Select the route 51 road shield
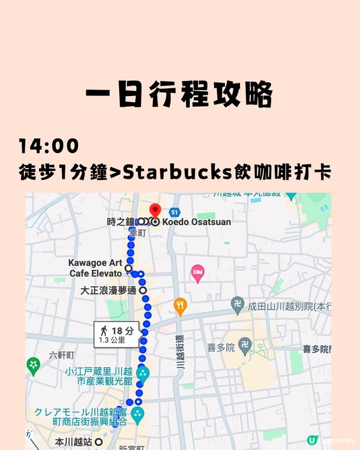click(x=174, y=212)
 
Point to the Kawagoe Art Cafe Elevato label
click(x=95, y=268)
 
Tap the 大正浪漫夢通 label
click(x=109, y=290)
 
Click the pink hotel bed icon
click(x=197, y=274)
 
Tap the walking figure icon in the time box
click(x=104, y=331)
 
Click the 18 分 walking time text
click(x=122, y=331)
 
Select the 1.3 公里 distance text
click(x=113, y=340)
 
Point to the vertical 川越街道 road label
click(x=179, y=351)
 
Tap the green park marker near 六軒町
click(x=34, y=365)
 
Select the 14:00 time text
click(x=49, y=146)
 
